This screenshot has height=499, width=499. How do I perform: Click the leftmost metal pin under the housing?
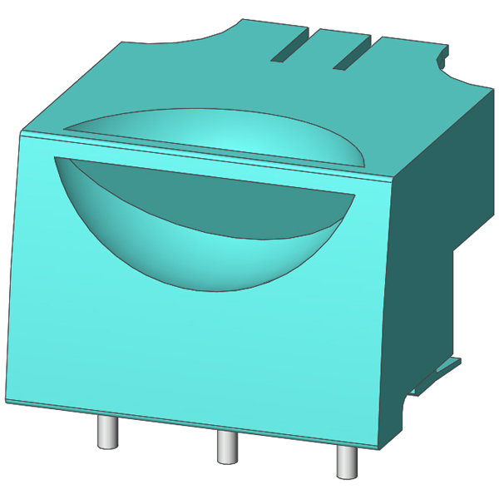click(x=107, y=431)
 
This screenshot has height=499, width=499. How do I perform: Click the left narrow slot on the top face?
click(x=292, y=48)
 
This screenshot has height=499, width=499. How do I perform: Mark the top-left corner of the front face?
click(x=21, y=133)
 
